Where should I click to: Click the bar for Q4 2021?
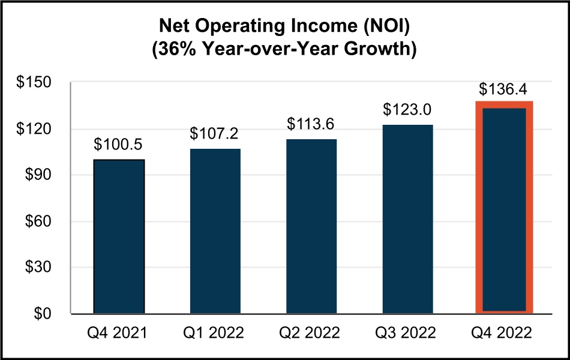(119, 236)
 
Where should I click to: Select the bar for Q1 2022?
(215, 231)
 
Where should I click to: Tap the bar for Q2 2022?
(311, 226)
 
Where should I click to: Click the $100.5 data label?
(119, 146)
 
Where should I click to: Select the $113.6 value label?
(311, 124)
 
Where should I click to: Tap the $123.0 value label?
(407, 110)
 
